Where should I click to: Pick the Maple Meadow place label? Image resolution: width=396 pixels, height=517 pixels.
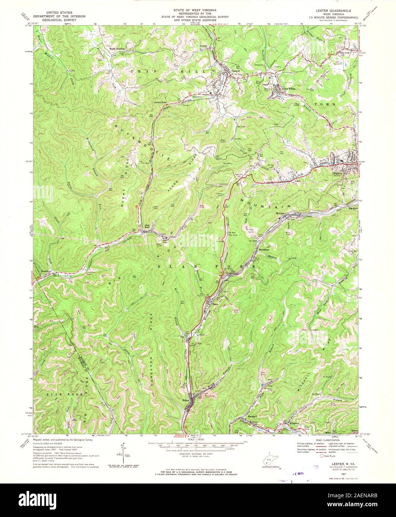coord(116,49)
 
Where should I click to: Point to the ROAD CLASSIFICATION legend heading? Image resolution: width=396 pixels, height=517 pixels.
coord(322,439)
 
